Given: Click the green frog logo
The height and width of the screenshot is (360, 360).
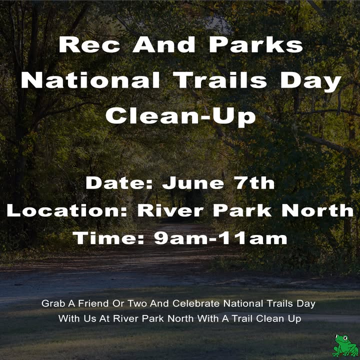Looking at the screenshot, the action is (345, 345).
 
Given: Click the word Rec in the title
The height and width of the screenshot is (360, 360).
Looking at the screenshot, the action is (89, 45).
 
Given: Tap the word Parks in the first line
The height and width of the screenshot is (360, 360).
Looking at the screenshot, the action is (256, 45).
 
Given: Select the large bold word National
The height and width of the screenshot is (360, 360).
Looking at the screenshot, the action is (90, 80).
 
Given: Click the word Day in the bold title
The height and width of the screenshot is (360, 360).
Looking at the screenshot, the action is (310, 82).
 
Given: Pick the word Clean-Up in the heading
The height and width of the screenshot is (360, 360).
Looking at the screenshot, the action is (180, 117).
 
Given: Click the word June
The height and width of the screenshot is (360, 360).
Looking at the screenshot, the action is (193, 183).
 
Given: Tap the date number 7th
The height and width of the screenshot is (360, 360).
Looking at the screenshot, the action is (255, 183).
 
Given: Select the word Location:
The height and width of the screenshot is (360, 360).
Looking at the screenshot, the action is (67, 210).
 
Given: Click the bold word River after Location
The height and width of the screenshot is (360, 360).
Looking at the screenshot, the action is (170, 210).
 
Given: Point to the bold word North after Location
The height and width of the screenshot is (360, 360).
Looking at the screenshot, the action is (317, 210).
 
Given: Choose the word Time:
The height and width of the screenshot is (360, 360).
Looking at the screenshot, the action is (108, 238).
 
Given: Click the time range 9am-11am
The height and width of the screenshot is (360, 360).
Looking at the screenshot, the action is (220, 238).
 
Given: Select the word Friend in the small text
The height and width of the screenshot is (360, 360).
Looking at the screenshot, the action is (93, 303).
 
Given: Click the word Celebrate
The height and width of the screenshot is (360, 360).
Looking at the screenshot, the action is (196, 303).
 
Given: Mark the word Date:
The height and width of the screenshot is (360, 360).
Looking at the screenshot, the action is (119, 183).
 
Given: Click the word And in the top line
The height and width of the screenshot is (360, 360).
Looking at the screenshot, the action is (164, 45).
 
